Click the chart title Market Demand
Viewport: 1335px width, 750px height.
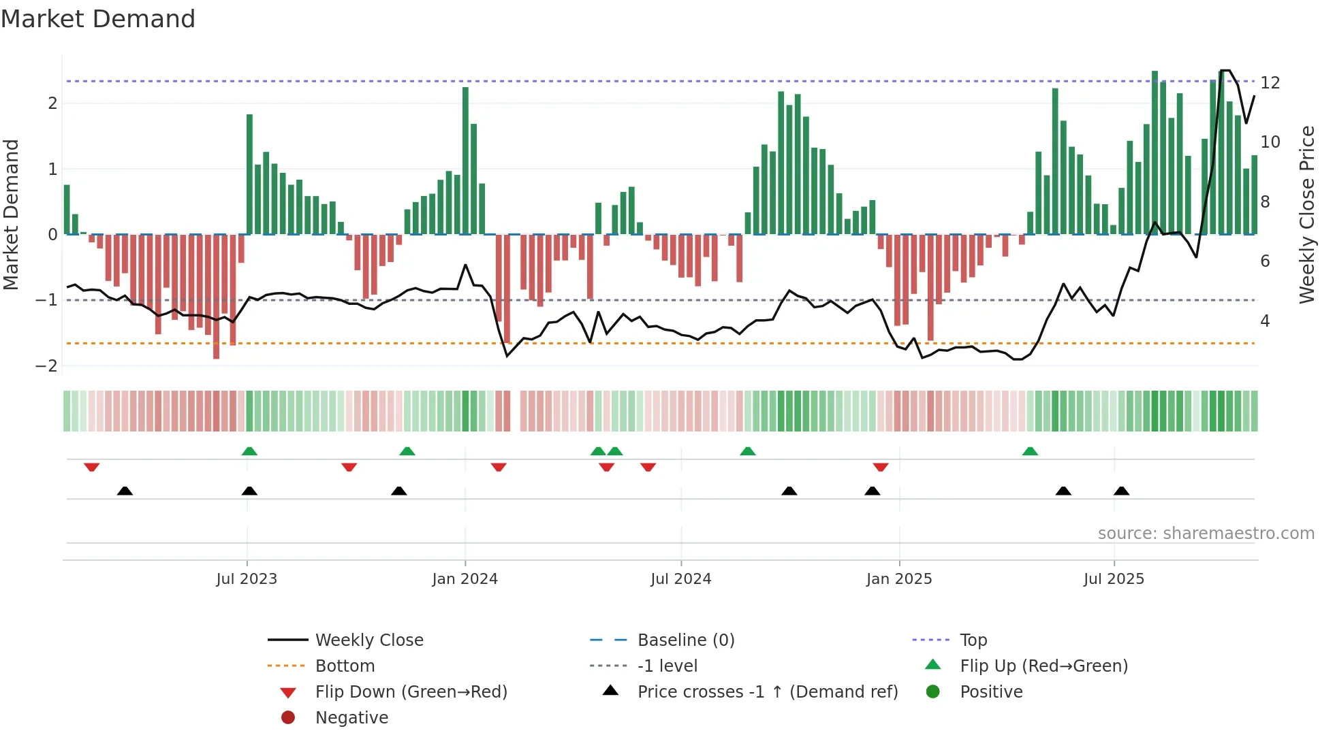[x=98, y=19]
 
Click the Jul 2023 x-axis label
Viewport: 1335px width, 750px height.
[x=247, y=579]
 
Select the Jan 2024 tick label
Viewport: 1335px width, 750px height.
[x=465, y=579]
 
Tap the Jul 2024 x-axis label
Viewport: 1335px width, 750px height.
[x=680, y=579]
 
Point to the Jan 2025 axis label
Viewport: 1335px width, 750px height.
[x=899, y=579]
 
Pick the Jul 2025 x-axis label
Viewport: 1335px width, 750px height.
[x=1114, y=579]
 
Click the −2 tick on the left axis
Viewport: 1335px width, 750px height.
[x=46, y=366]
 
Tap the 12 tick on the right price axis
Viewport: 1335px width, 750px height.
[x=1270, y=83]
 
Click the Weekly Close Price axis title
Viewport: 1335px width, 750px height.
[x=1306, y=214]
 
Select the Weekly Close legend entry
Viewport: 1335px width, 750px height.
[x=368, y=640]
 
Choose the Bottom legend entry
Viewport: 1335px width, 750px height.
[x=345, y=666]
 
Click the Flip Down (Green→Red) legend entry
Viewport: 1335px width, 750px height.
[x=411, y=692]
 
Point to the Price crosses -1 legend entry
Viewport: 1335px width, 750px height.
[x=767, y=692]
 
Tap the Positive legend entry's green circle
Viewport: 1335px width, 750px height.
[x=933, y=692]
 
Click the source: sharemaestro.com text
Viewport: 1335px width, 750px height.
[x=1206, y=534]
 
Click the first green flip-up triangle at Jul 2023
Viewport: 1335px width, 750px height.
[x=249, y=451]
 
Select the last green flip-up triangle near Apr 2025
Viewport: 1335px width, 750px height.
[x=1030, y=451]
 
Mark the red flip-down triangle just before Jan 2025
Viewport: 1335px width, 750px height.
[x=881, y=467]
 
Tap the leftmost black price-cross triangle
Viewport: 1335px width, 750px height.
[x=125, y=491]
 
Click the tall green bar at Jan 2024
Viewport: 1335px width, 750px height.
[x=465, y=160]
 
